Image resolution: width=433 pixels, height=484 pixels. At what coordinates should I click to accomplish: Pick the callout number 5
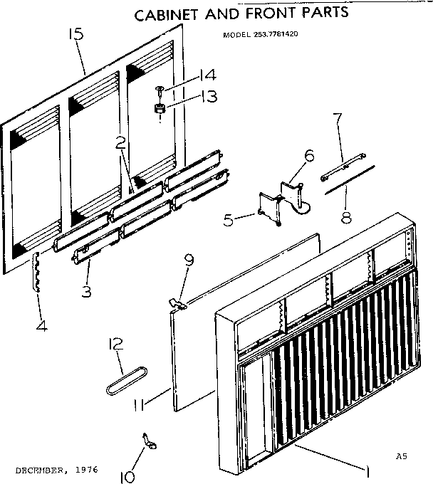(x=228, y=221)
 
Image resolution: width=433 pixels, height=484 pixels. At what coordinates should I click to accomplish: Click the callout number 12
(x=116, y=345)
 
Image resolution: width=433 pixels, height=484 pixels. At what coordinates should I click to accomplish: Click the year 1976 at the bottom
(x=85, y=470)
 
